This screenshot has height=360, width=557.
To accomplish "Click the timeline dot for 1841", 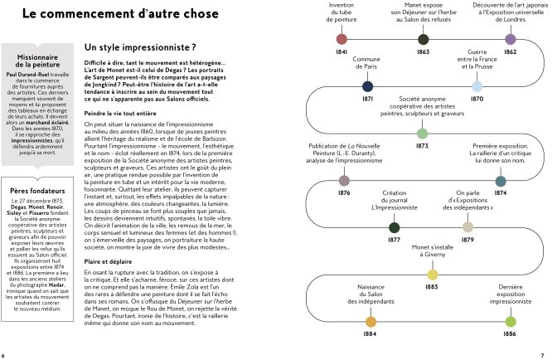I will point(341,38).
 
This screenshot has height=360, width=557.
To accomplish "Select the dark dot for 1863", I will point(424,38).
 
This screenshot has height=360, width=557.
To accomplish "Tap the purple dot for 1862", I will point(510,38).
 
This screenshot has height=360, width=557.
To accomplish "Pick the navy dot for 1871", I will point(368,85).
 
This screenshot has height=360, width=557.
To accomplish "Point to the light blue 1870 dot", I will point(477,85).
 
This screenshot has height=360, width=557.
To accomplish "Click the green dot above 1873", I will point(422,133).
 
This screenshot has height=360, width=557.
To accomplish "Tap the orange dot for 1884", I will point(371,321).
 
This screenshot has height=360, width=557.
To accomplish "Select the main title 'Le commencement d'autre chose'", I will point(121,14).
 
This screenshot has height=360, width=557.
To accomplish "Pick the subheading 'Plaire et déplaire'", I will point(109,260).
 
